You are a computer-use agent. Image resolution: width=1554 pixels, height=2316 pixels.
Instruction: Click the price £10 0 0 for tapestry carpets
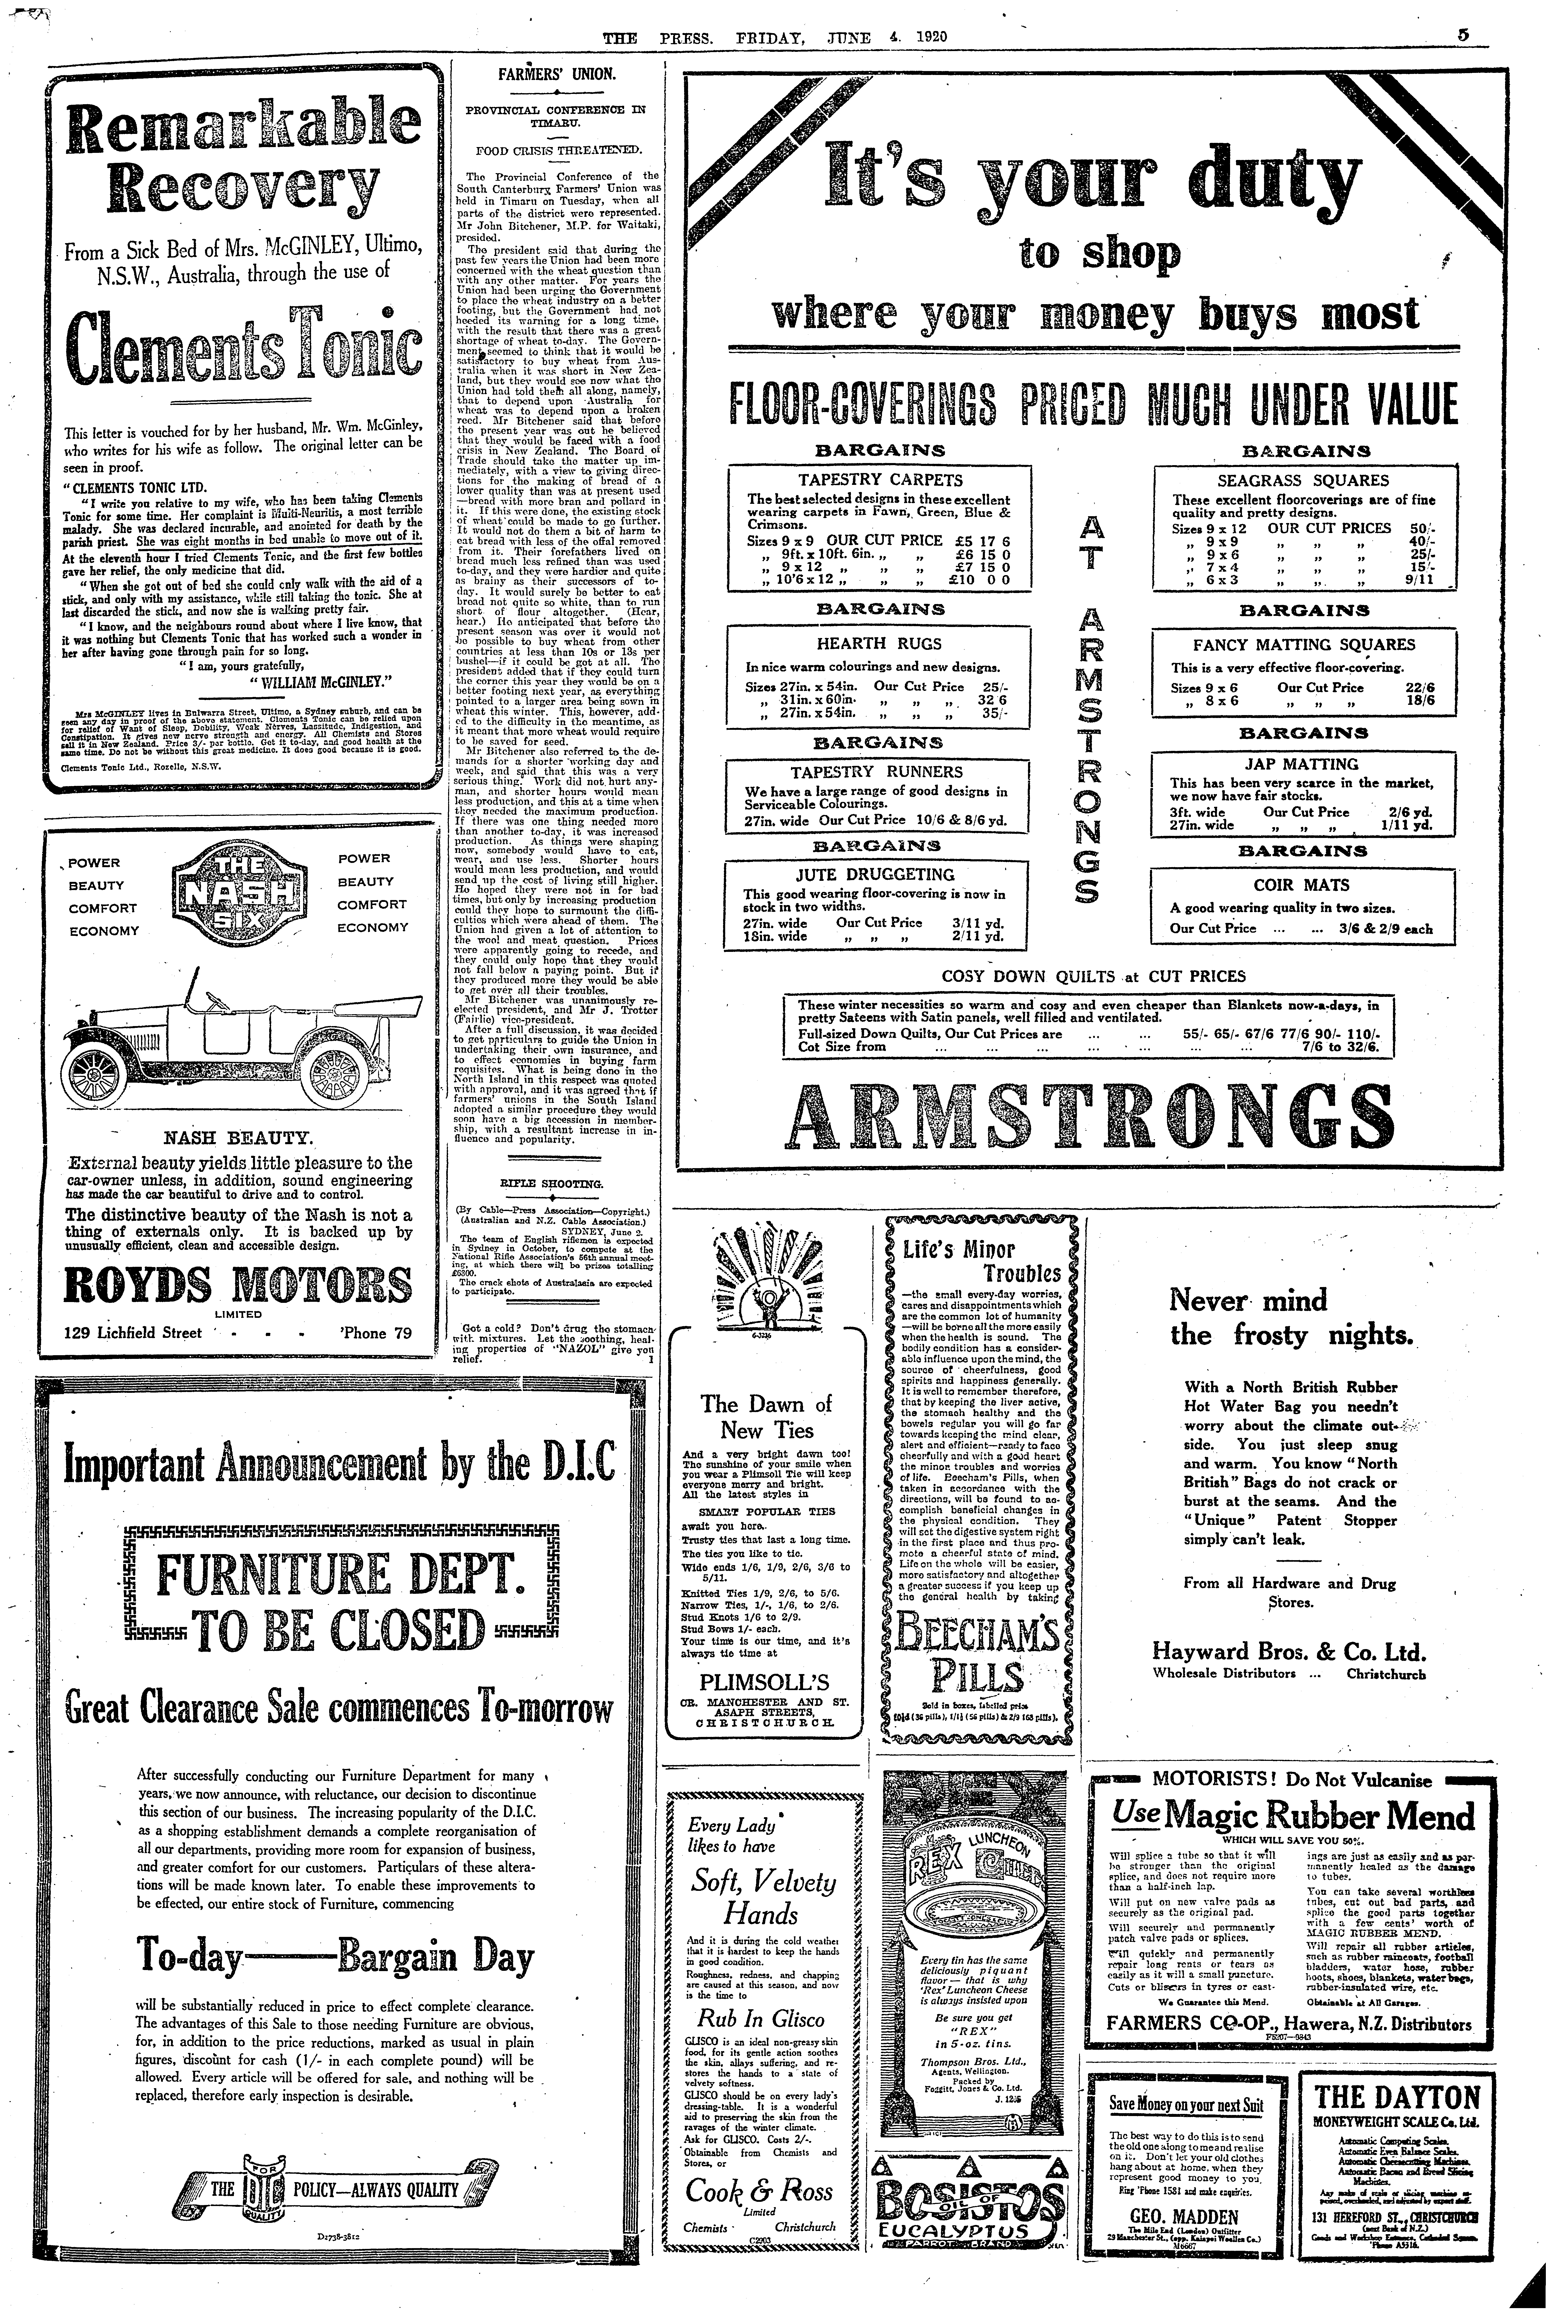978,580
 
